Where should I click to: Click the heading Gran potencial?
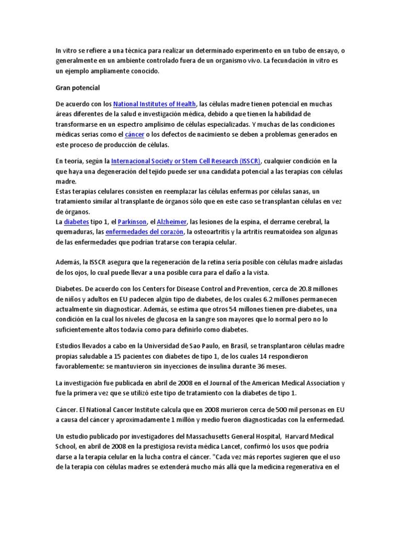[x=78, y=87]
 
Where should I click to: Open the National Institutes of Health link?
[x=155, y=104]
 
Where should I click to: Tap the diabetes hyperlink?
[x=77, y=222]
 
